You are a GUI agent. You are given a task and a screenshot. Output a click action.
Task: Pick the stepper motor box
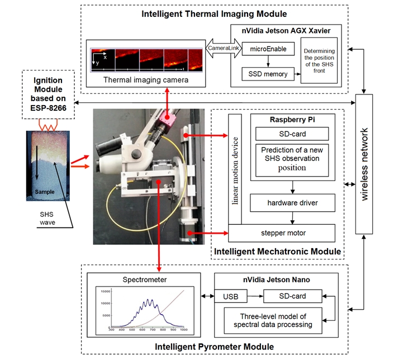point(282,232)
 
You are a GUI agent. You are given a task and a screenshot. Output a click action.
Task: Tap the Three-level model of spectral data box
point(272,320)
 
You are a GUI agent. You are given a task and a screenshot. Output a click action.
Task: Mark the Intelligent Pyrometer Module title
point(215,347)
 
